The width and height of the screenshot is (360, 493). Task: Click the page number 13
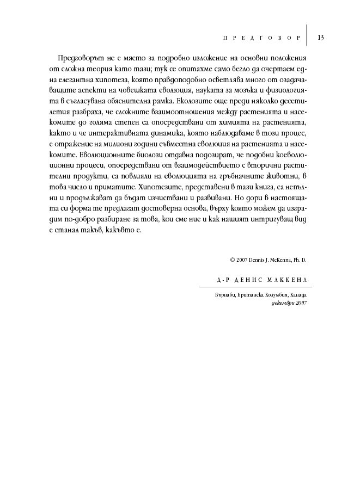320,38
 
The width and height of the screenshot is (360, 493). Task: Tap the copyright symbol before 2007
231,260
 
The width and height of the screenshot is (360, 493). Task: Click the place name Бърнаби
226,294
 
